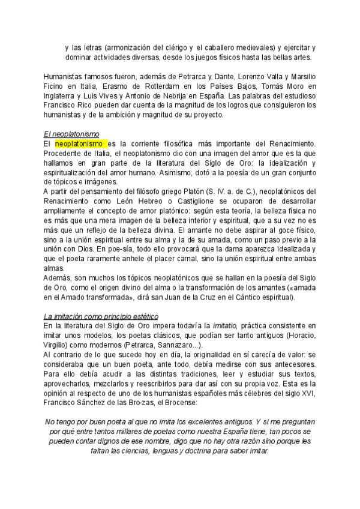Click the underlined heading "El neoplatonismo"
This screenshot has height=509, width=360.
tap(71, 134)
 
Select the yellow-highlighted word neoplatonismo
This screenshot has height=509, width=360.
tap(81, 144)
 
